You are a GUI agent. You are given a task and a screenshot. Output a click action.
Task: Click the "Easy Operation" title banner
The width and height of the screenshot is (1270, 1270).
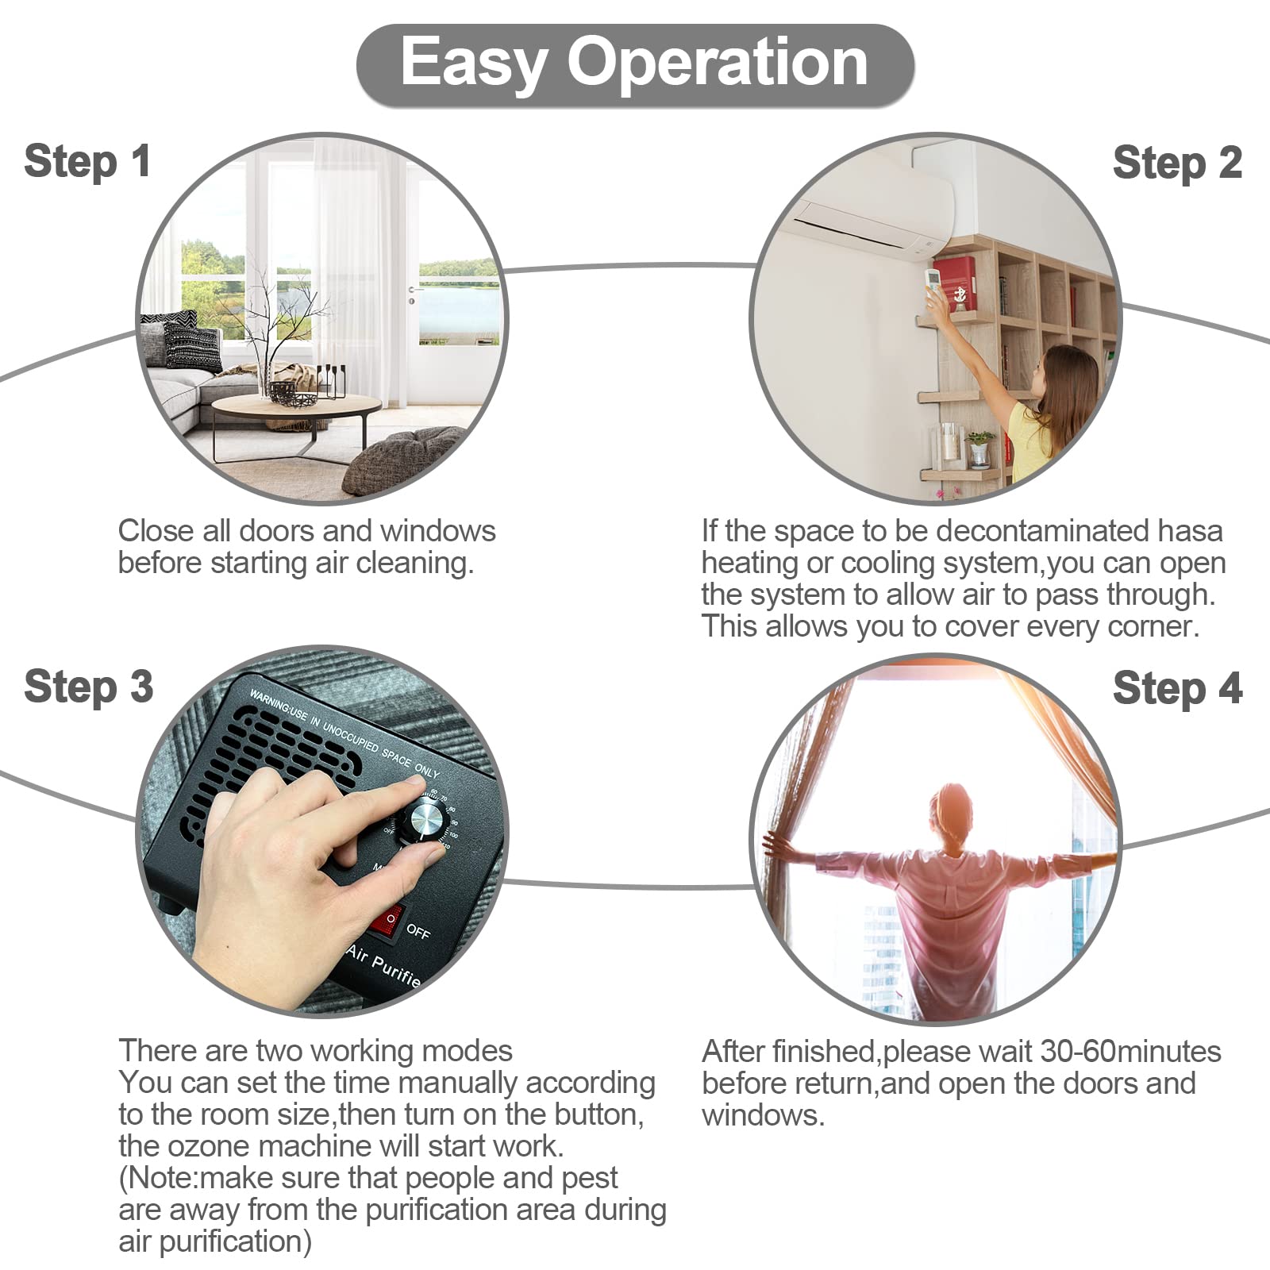tap(635, 65)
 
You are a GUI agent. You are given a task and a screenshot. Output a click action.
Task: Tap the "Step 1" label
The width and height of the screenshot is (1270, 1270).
tap(87, 162)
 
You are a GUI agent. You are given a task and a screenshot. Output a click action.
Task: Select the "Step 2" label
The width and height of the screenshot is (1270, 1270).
tap(1177, 164)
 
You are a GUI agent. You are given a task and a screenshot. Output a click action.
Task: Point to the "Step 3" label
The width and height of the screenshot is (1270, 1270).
tap(88, 687)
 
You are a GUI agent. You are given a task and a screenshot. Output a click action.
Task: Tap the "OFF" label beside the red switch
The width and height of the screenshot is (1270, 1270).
tap(418, 931)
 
